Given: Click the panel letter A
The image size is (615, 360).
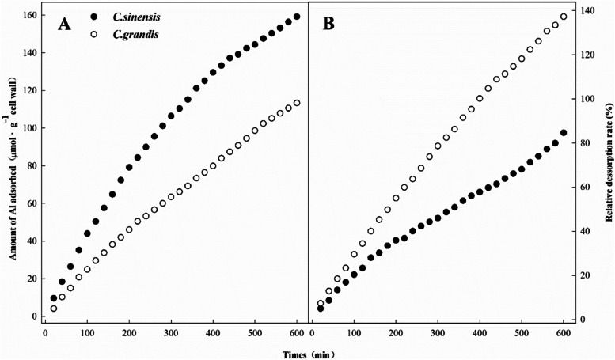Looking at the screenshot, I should tap(66, 25).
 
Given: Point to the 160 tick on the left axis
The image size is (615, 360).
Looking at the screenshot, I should tap(29, 16).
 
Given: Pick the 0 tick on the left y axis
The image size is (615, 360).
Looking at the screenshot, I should tap(35, 316).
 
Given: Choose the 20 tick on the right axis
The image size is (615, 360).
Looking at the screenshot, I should tap(586, 275).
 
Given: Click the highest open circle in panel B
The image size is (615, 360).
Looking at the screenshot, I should tap(564, 17).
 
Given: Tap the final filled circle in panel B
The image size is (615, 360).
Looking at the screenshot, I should tap(564, 133).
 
